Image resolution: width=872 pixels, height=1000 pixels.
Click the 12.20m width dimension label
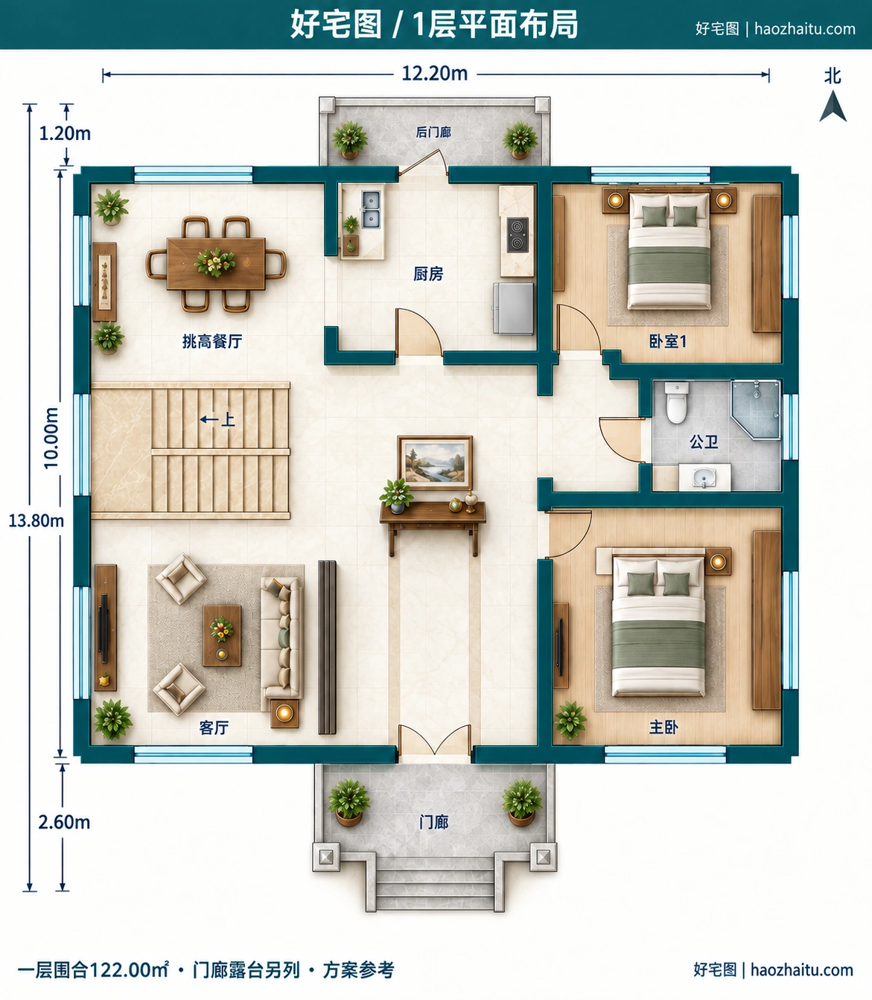[x=435, y=74]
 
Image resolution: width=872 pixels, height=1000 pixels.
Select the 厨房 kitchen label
[x=428, y=274]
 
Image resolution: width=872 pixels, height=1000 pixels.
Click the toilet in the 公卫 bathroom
[x=676, y=402]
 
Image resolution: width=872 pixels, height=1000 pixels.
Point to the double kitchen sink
[x=371, y=209]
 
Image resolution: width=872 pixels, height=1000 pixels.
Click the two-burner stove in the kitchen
[x=517, y=235]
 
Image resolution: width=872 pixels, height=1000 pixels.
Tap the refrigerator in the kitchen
[x=513, y=308]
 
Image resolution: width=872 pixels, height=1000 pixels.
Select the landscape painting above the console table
[x=435, y=462]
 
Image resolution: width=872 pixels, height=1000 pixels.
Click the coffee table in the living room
[x=222, y=635]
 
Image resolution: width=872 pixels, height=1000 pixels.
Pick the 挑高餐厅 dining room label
[x=212, y=341]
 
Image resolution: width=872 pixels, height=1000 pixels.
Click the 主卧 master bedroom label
[x=663, y=727]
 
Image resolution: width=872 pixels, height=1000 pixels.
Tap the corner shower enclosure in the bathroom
[x=756, y=410]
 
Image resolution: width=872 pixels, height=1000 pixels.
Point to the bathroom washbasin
[x=704, y=477]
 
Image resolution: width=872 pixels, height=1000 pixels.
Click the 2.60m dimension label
[x=64, y=822]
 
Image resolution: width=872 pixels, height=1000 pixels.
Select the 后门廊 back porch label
[x=433, y=132]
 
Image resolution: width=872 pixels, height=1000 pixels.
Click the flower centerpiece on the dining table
[x=214, y=262]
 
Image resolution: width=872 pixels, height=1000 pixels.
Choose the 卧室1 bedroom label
[x=668, y=341]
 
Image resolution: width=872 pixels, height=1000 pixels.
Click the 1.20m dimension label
[x=65, y=133]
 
